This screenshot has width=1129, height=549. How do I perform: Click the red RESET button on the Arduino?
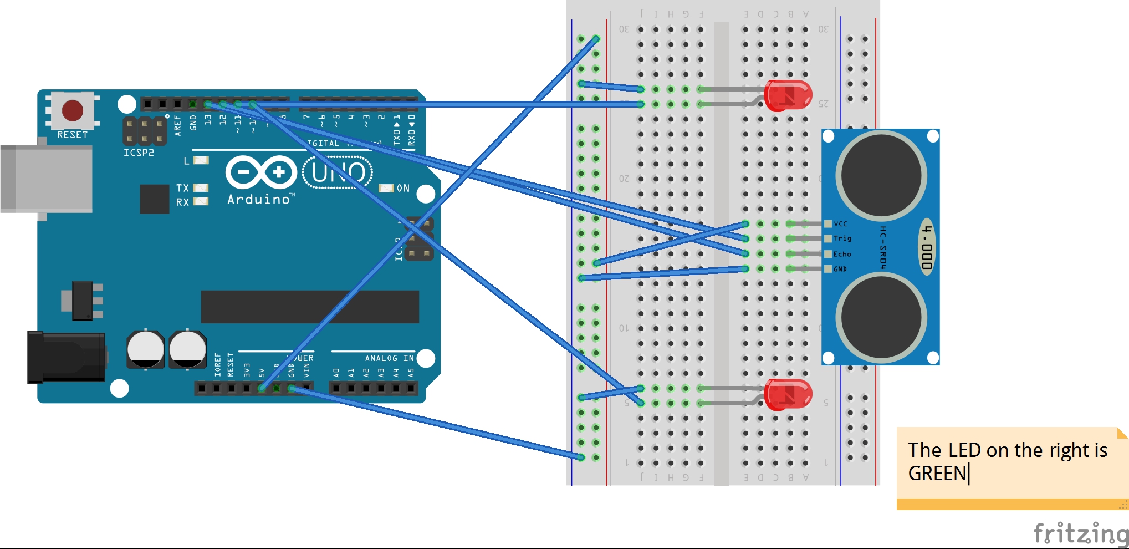[x=73, y=110]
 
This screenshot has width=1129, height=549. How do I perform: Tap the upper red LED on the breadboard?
[x=788, y=95]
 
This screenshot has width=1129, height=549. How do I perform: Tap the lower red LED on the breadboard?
[x=788, y=395]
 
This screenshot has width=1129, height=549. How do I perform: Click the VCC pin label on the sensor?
[x=840, y=224]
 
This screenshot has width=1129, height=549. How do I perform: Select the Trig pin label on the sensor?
[x=842, y=238]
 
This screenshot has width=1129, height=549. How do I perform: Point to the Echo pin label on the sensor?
[x=842, y=254]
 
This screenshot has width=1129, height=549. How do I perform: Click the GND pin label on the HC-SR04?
[x=840, y=269]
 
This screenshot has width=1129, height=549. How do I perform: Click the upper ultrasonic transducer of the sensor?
[x=881, y=176]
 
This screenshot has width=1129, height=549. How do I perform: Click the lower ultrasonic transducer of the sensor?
[x=881, y=318]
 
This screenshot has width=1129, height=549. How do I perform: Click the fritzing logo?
[x=1080, y=533]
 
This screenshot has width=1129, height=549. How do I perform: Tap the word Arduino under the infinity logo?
[x=258, y=200]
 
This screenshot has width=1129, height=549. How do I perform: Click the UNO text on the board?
[x=338, y=172]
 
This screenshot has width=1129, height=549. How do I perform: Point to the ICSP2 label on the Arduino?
[x=139, y=152]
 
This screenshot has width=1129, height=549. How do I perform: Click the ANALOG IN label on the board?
[x=389, y=358]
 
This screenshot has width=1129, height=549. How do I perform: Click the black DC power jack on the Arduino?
[x=66, y=357]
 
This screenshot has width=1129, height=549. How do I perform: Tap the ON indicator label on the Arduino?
[x=403, y=189]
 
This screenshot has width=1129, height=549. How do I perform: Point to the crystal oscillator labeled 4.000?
[x=927, y=247]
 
